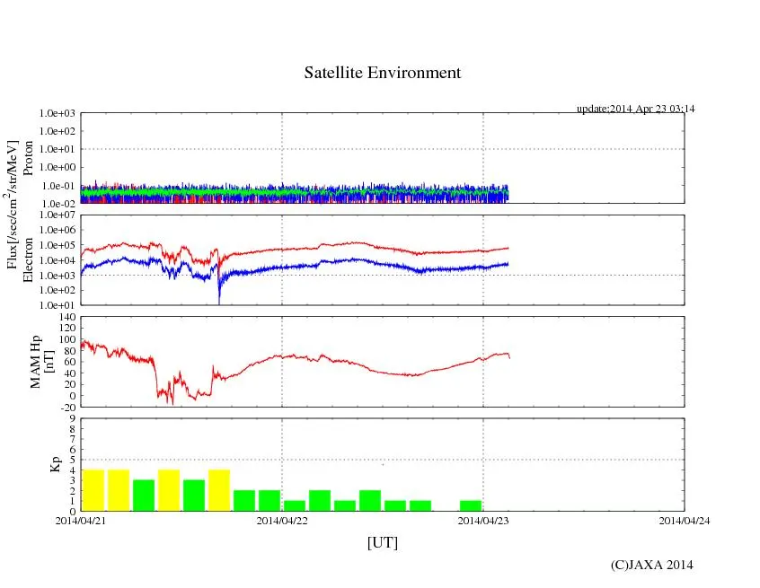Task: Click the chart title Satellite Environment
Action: [382, 73]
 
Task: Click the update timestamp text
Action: [636, 109]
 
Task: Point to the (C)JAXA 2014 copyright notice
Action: [651, 565]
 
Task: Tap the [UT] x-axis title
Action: [382, 542]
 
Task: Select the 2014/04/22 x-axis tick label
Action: [282, 520]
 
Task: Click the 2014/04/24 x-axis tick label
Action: [685, 520]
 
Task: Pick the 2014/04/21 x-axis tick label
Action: [81, 520]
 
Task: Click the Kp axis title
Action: [52, 464]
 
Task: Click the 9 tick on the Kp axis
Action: [73, 418]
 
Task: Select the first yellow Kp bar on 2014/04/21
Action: [93, 490]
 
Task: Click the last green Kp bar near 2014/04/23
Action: [471, 505]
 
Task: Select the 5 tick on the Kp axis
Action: [73, 460]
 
